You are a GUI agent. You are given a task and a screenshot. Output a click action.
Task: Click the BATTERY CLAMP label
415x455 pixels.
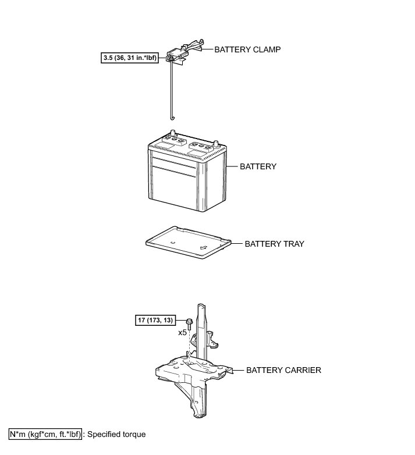pos(247,49)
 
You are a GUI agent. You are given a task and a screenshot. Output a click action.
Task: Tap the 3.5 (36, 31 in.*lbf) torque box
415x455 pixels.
pos(129,58)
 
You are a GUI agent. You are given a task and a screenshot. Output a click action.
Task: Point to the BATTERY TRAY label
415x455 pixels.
pos(274,244)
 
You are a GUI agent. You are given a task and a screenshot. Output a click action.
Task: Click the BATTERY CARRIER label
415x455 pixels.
pos(283,369)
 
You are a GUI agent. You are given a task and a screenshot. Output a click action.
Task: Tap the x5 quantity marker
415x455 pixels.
pos(182,333)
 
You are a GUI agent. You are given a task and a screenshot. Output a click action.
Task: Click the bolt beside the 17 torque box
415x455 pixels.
pos(190,321)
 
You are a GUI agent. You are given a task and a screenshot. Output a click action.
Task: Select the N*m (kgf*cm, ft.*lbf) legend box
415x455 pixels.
pos(45,434)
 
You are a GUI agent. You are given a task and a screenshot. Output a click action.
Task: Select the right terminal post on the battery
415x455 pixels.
pos(217,143)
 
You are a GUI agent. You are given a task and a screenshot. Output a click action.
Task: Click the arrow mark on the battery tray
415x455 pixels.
pos(204,248)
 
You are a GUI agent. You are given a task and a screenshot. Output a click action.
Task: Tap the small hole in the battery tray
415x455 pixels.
pos(173,241)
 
